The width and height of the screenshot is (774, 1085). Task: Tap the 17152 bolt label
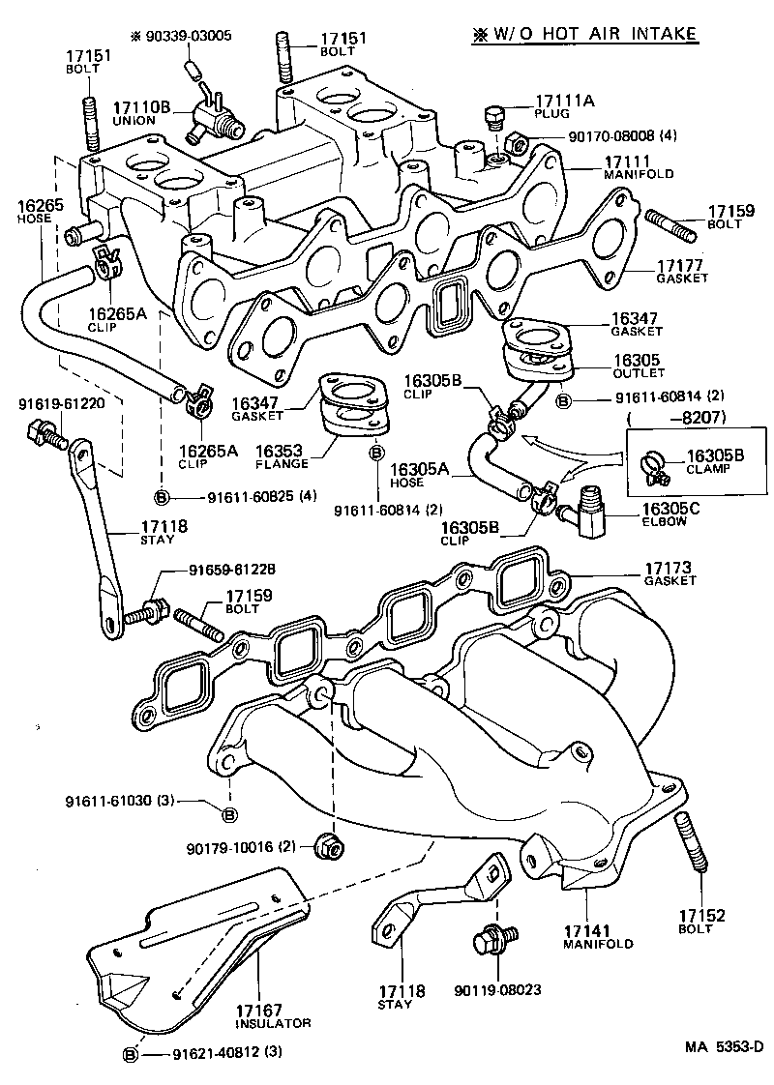pos(700,915)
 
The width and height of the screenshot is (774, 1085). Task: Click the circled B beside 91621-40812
pos(131,1052)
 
